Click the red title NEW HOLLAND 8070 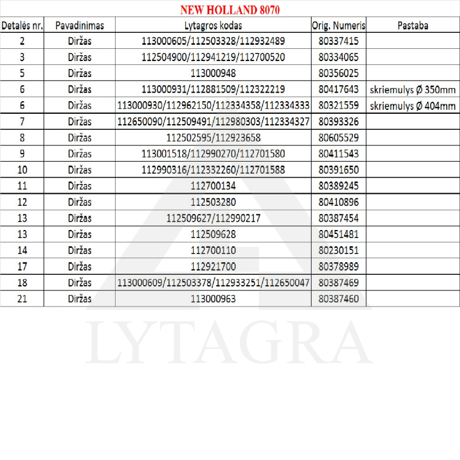(230, 10)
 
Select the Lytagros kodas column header (213, 26)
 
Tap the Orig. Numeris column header (338, 26)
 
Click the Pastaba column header (412, 26)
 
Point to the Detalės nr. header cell (22, 26)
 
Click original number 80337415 (338, 41)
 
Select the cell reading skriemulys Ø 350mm (412, 90)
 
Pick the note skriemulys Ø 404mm (412, 106)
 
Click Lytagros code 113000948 (213, 74)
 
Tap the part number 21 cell (22, 299)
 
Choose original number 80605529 (338, 138)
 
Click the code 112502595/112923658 (213, 138)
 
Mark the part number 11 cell (22, 186)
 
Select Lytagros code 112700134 (213, 186)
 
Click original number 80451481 (338, 235)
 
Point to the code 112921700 (213, 267)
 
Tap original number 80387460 (338, 299)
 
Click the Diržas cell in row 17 (79, 267)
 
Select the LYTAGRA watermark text (230, 343)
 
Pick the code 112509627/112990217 (213, 218)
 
